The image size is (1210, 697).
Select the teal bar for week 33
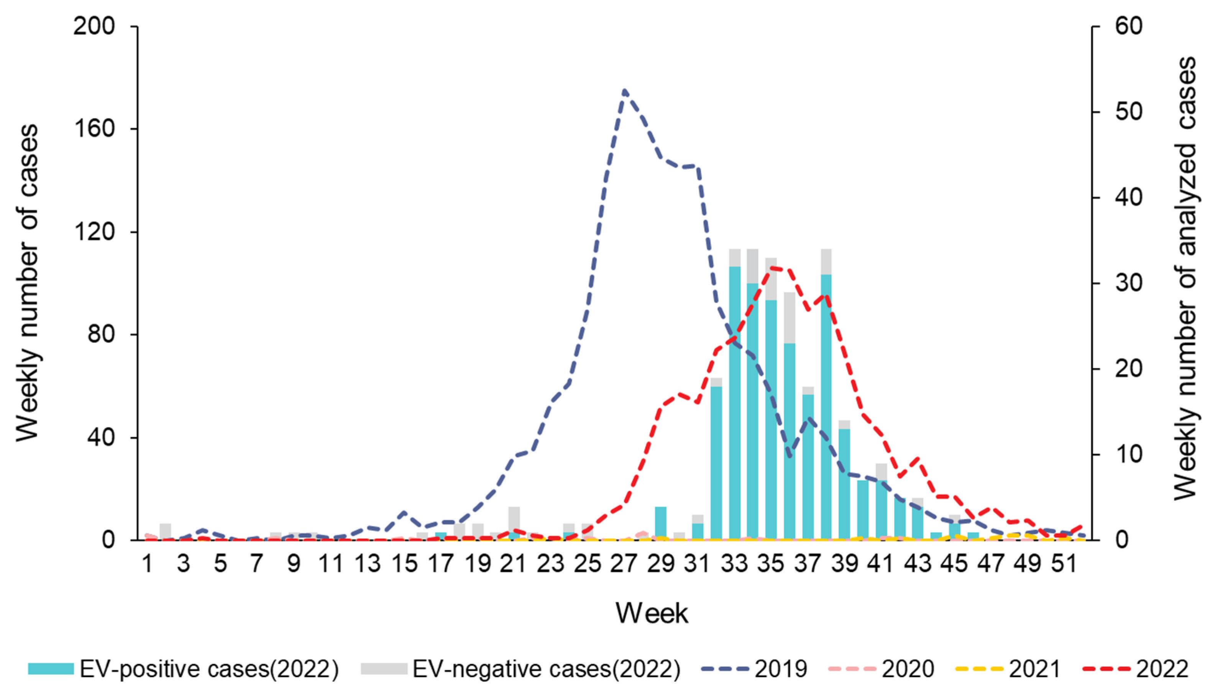[x=734, y=402]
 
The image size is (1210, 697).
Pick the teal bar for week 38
[x=826, y=407]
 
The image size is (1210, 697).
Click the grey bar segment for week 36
[x=790, y=317]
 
